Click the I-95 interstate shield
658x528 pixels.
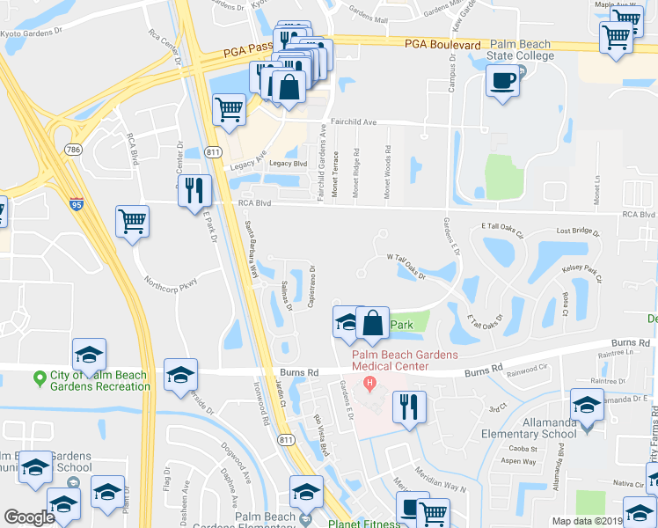(77, 204)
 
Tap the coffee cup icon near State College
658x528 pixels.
(503, 82)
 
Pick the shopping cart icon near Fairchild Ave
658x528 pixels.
(229, 110)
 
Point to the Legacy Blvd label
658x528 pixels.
(288, 164)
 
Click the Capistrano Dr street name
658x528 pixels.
(311, 286)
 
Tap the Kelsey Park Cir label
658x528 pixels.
(581, 272)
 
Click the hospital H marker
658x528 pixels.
(369, 384)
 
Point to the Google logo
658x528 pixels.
(29, 517)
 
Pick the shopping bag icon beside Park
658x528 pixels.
(373, 323)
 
